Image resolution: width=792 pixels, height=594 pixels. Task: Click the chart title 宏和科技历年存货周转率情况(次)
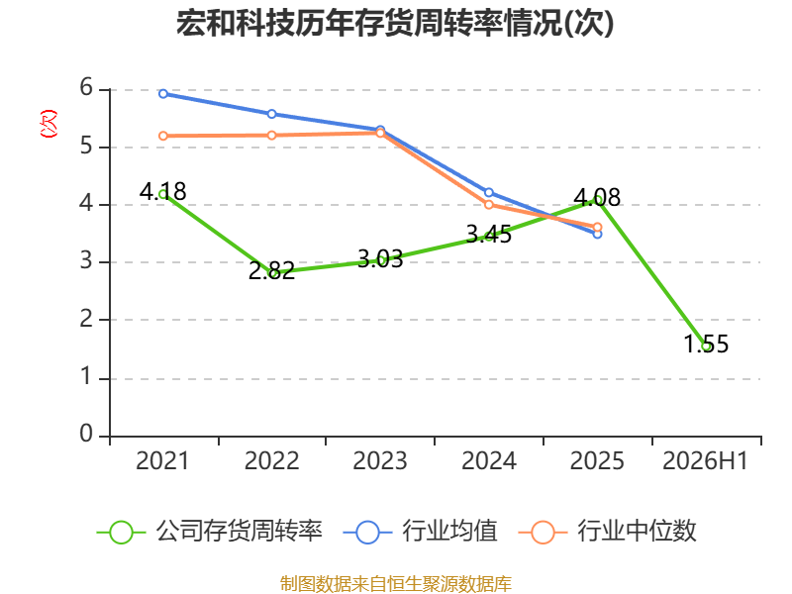coord(395,23)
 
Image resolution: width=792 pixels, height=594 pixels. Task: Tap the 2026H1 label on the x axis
coord(705,461)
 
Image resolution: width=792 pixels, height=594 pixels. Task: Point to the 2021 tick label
coord(162,461)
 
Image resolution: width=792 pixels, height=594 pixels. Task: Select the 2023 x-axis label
coord(380,461)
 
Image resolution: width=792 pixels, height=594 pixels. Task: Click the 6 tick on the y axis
coord(86,88)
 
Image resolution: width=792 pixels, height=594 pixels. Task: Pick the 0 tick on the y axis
coord(86,434)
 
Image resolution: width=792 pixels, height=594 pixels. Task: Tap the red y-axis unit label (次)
coord(49,124)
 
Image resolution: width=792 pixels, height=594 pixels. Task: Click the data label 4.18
coord(162,191)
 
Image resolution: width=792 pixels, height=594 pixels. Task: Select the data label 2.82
coord(271,270)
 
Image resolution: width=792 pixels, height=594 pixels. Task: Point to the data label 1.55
coord(706,344)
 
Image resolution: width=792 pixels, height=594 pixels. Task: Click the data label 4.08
coord(597,197)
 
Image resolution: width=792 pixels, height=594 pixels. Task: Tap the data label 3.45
coord(488,235)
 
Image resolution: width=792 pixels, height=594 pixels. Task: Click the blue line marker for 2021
coord(163,93)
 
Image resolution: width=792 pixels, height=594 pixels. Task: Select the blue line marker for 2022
coord(271,114)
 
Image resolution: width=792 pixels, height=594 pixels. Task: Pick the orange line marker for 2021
coord(163,136)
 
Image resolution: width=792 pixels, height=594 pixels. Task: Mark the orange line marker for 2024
coord(489,205)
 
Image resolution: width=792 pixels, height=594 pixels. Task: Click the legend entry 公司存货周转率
coord(210,532)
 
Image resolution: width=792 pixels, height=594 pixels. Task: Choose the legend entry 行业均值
coord(420,532)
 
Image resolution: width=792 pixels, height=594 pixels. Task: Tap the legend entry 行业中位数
coord(608,532)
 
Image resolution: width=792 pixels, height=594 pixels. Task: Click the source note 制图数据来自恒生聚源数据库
coord(396,584)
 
